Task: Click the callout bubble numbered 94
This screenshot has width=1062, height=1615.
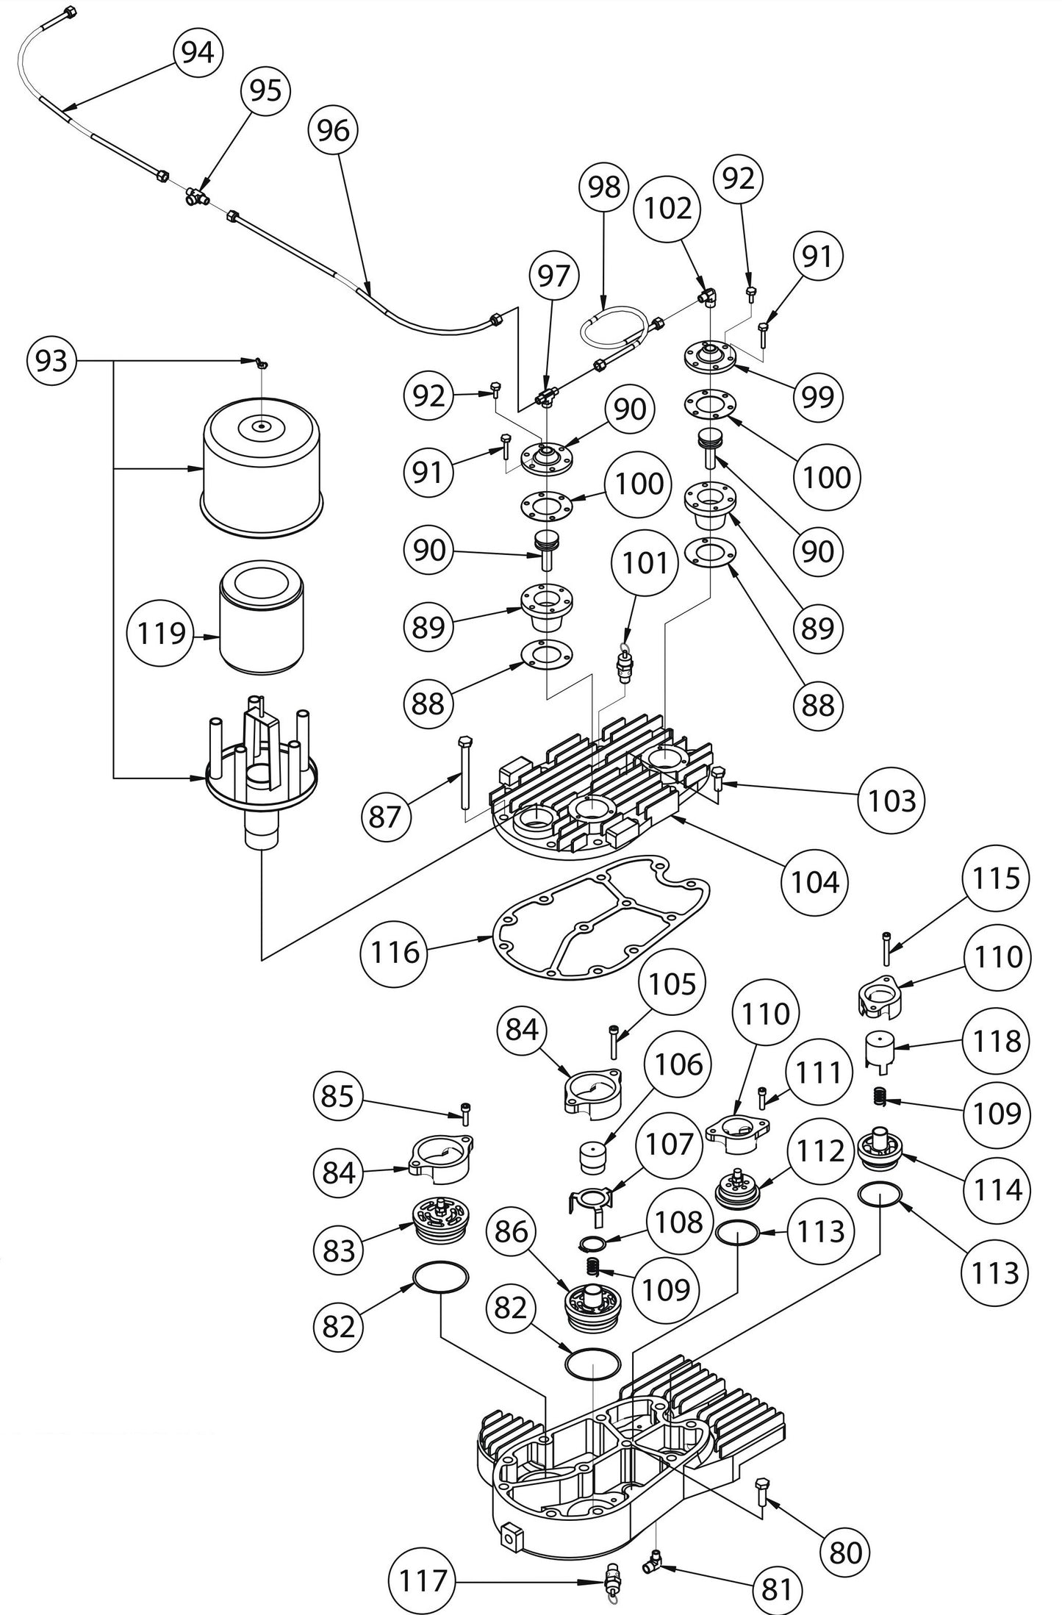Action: pos(198,53)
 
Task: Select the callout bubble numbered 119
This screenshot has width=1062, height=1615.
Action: pos(162,633)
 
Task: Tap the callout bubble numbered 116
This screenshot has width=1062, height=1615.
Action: pos(395,953)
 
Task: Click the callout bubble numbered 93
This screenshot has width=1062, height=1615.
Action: pos(51,361)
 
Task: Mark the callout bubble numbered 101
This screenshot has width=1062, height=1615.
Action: pos(645,564)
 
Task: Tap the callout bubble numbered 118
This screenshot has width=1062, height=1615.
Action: pos(996,1042)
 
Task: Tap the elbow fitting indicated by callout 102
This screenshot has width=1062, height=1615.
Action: pos(708,297)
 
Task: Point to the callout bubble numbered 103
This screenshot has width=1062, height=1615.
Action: pos(891,801)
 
